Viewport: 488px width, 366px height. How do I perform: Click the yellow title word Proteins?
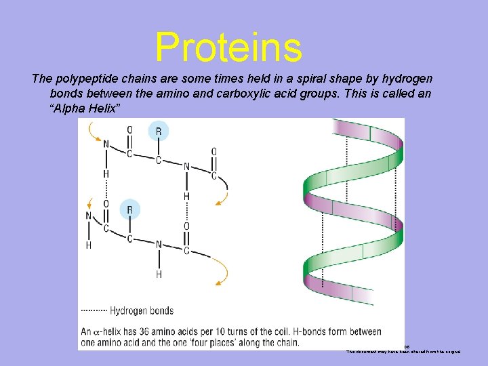(x=228, y=47)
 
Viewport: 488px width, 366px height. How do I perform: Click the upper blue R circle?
(x=158, y=131)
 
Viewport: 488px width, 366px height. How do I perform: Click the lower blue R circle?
(x=130, y=209)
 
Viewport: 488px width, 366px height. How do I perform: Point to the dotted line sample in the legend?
(x=94, y=311)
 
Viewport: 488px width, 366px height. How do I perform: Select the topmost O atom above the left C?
(x=129, y=130)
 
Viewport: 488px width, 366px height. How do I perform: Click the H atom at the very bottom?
(x=159, y=274)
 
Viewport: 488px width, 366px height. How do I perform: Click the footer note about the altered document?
(x=404, y=352)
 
